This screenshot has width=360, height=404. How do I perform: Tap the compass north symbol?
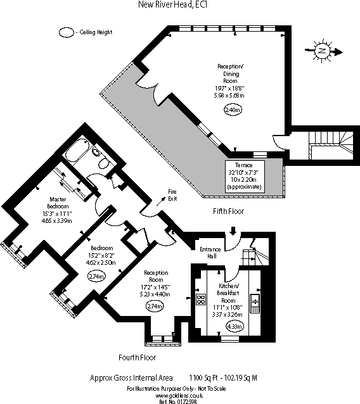click(323, 49)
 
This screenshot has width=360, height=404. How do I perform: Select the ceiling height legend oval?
click(66, 32)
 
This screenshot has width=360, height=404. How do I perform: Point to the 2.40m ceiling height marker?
click(233, 110)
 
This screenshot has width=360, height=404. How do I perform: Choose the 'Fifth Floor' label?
click(228, 211)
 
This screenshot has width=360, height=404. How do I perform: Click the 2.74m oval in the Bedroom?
click(96, 276)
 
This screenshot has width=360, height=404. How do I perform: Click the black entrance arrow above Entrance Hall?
click(235, 232)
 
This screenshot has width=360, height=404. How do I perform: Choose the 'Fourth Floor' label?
click(138, 358)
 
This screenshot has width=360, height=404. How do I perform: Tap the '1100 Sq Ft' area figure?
click(205, 377)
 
